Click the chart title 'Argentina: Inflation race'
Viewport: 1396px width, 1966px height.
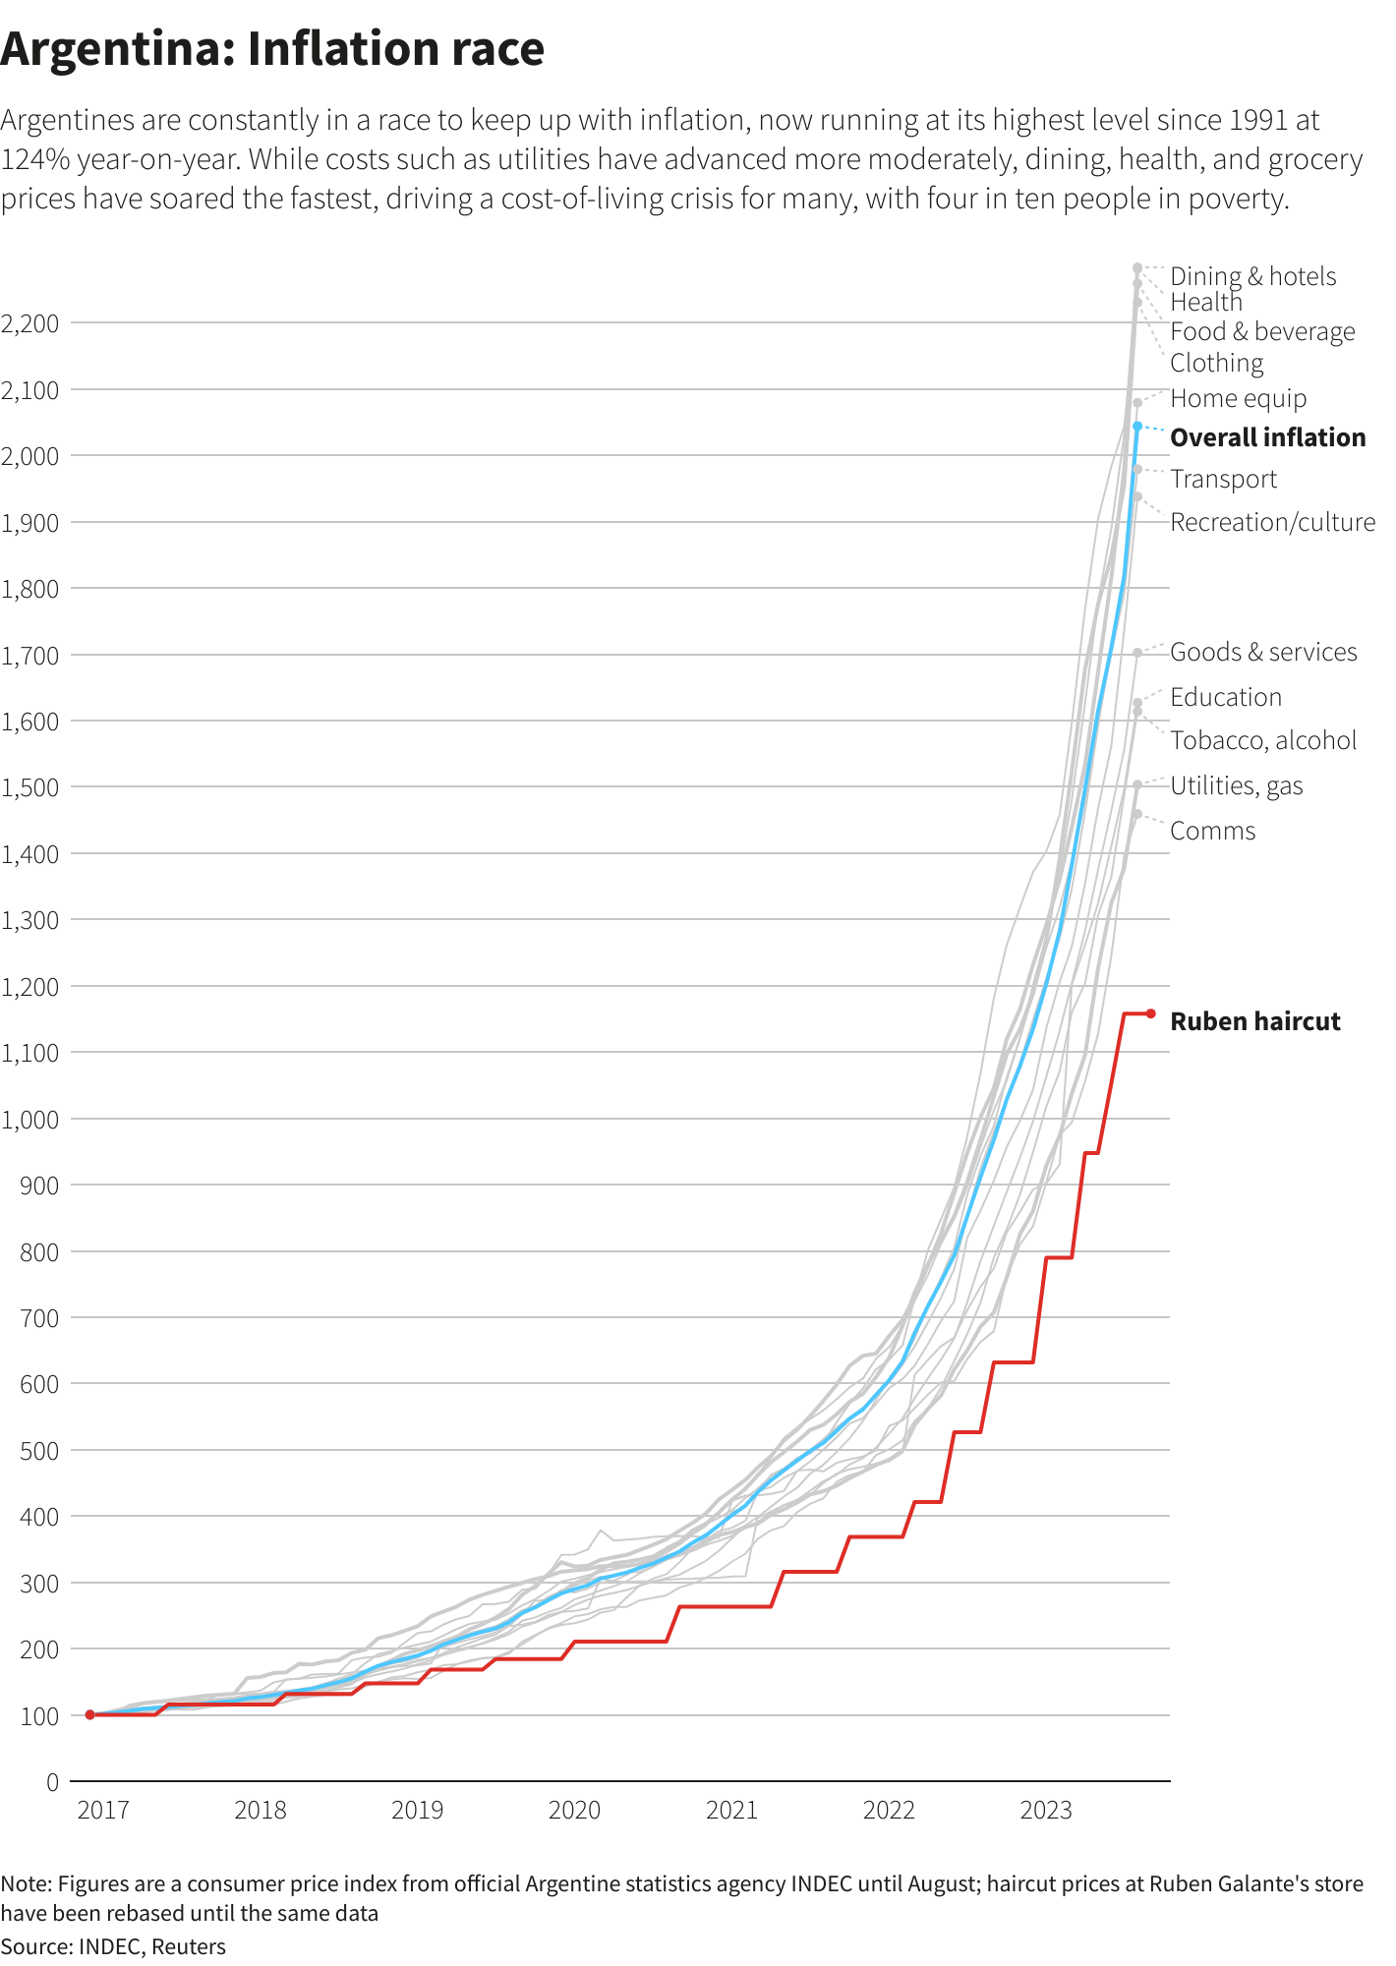272,49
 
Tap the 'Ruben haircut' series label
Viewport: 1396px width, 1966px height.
1254,1022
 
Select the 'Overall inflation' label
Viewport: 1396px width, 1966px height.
1267,438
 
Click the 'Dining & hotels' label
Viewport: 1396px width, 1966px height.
1252,277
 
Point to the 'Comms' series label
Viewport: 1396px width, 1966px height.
1212,832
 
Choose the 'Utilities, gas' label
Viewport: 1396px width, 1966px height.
1236,786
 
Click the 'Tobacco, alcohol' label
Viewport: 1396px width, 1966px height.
1262,741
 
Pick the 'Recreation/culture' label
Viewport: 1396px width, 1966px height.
1272,523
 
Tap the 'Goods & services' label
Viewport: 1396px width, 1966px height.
1262,653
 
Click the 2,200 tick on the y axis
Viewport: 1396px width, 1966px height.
30,323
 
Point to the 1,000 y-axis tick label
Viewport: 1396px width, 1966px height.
30,1120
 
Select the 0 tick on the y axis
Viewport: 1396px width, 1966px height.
52,1782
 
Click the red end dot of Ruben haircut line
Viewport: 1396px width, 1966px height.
1150,1013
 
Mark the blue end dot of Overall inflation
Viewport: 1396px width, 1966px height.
1137,427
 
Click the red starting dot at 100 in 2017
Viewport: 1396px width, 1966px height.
89,1715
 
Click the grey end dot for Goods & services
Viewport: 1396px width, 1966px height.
1137,653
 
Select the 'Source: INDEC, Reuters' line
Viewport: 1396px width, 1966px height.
113,1947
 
